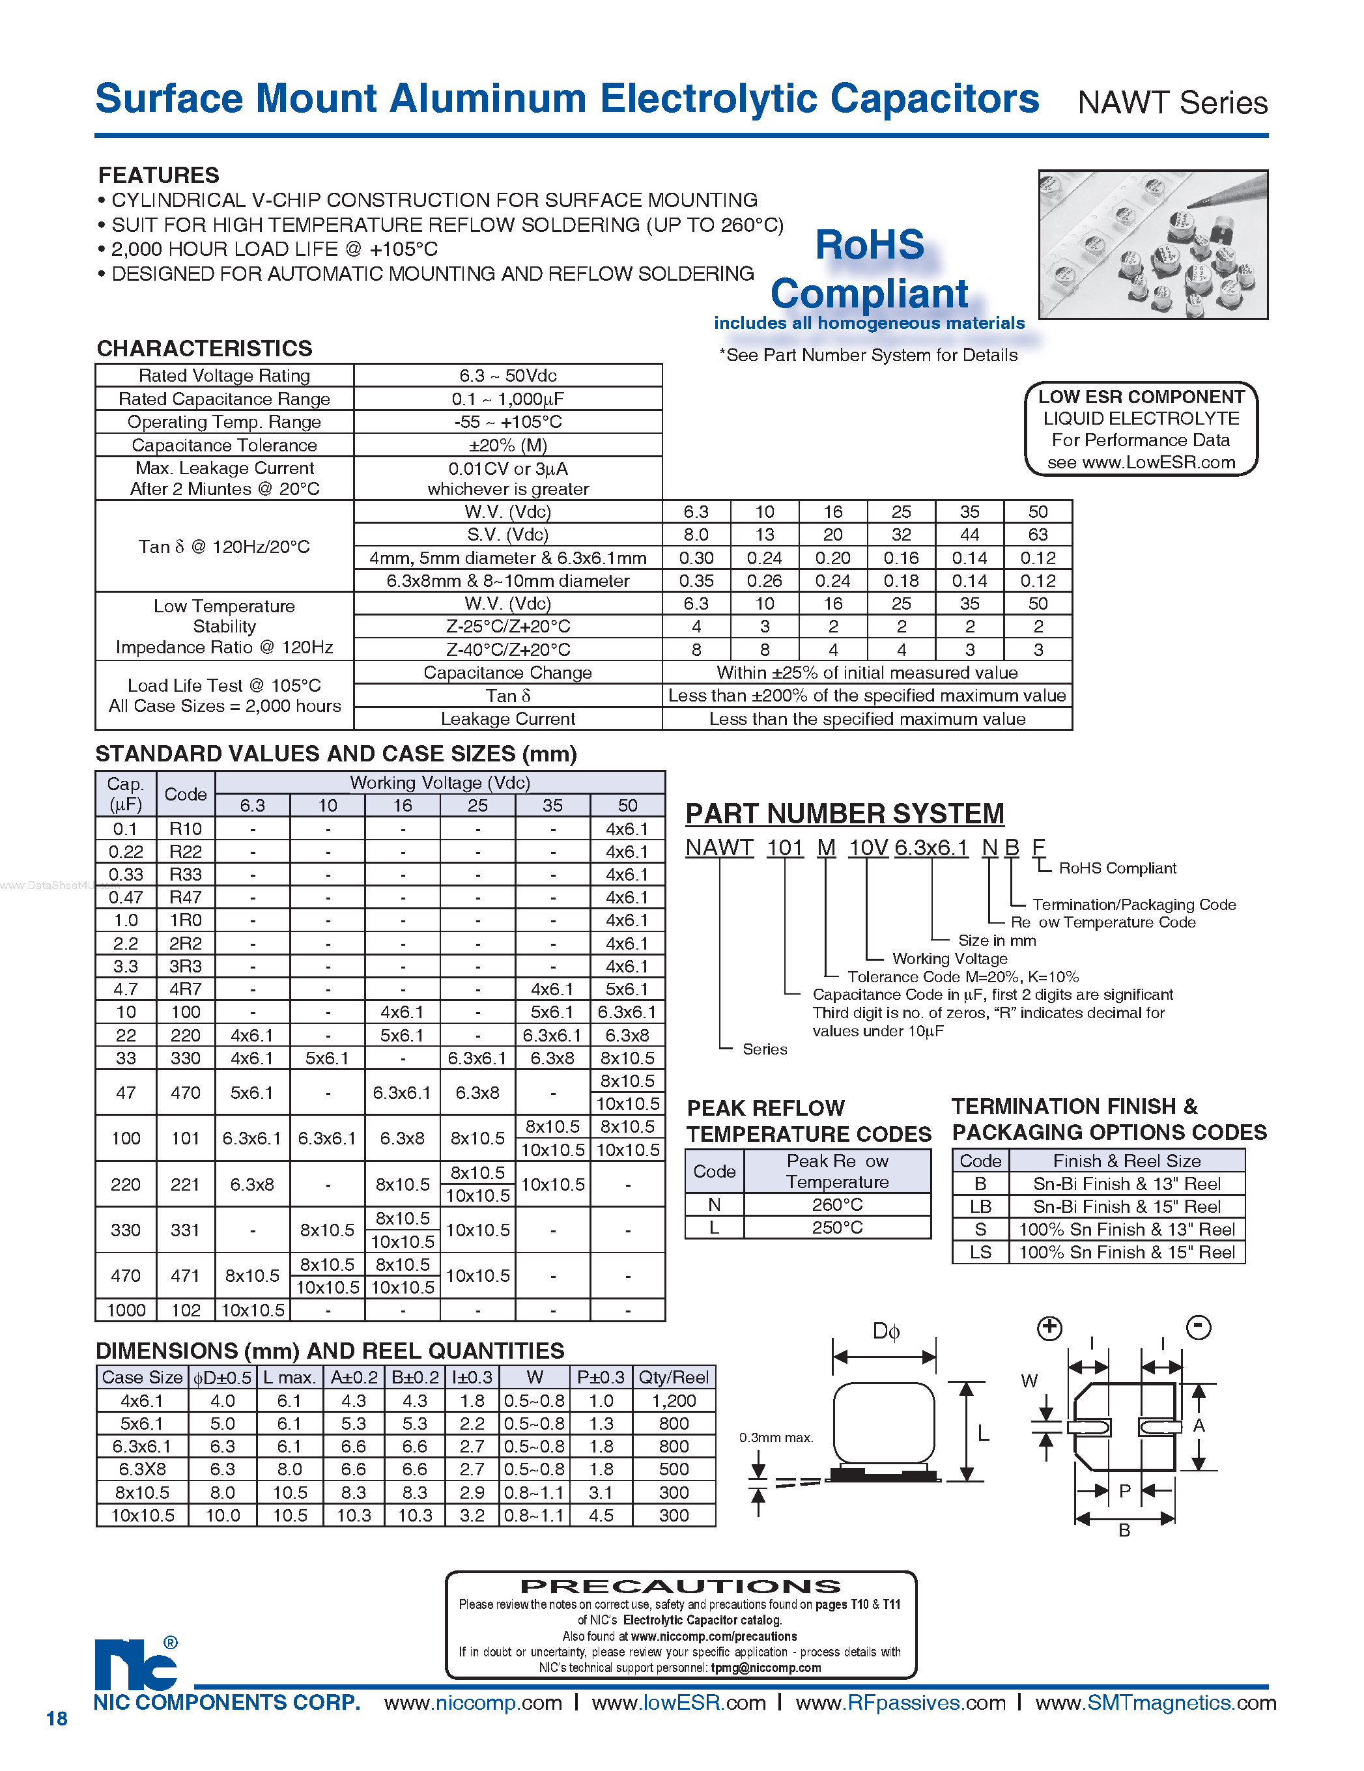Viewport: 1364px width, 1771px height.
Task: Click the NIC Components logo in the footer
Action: [135, 1665]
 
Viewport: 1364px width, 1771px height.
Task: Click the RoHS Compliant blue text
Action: [870, 269]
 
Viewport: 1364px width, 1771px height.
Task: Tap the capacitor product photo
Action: [1152, 244]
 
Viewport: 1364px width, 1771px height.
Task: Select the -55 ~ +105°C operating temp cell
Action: [507, 421]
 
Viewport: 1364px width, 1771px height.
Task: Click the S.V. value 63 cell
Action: [1037, 534]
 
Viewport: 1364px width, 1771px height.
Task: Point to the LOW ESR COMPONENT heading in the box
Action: [1141, 397]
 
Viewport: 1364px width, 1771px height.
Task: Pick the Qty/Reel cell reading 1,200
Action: [673, 1400]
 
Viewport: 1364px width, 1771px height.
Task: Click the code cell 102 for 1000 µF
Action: [186, 1310]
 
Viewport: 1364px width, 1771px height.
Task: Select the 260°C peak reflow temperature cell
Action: [837, 1204]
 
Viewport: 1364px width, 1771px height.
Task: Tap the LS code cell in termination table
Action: [980, 1252]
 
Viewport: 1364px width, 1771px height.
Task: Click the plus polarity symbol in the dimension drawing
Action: [1049, 1327]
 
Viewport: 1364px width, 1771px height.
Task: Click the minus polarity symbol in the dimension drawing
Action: [1198, 1327]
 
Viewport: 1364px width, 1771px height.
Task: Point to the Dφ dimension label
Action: [885, 1331]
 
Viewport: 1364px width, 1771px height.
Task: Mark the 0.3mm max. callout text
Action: [775, 1438]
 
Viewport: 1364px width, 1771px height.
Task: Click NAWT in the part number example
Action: [719, 847]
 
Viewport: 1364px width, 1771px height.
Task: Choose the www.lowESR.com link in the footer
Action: [678, 1702]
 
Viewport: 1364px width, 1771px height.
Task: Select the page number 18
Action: [57, 1718]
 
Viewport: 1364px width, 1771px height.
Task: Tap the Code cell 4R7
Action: [186, 989]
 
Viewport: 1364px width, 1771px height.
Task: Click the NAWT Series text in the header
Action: [1172, 103]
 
